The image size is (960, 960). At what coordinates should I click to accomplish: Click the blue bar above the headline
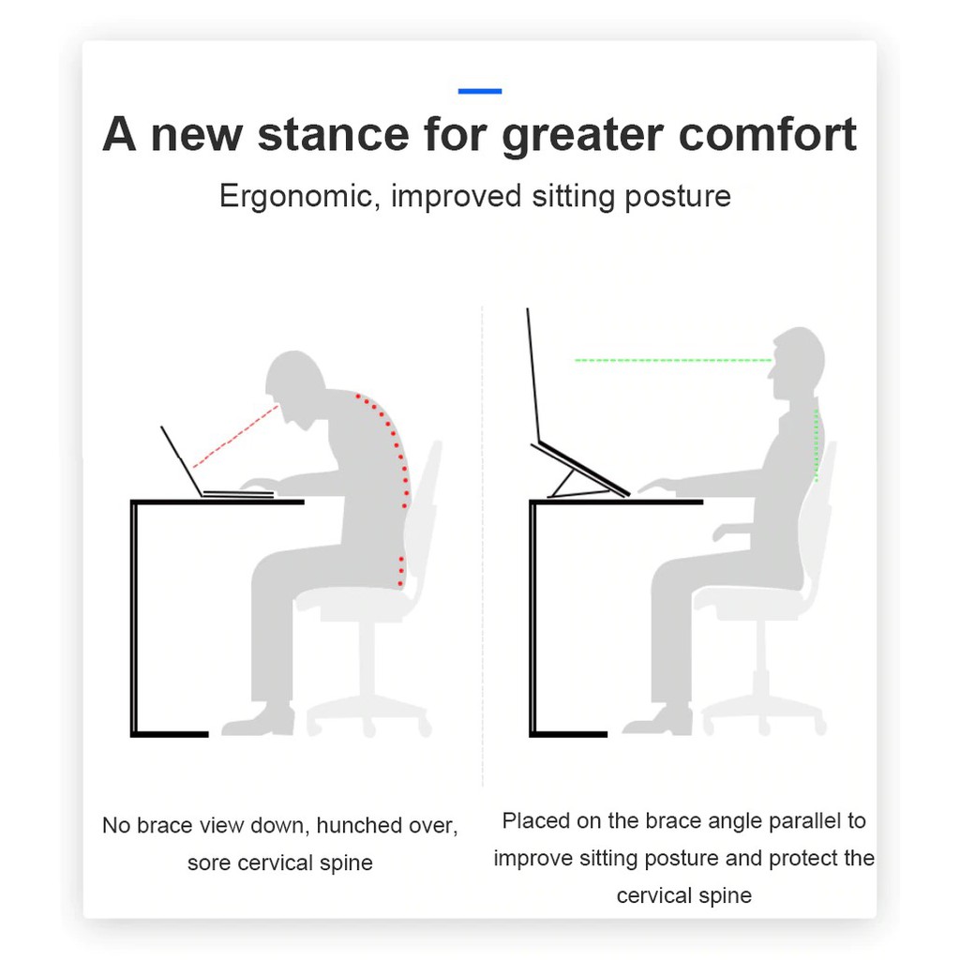(x=479, y=91)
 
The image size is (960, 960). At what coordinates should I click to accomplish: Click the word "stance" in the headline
(x=333, y=135)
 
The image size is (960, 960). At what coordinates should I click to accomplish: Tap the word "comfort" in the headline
(x=767, y=135)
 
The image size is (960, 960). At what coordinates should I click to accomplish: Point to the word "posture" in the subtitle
(x=678, y=198)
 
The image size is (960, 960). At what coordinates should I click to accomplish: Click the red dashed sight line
(x=235, y=436)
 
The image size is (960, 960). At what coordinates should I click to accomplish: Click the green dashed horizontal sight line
(x=673, y=361)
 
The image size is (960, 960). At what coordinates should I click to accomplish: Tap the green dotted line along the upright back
(x=817, y=445)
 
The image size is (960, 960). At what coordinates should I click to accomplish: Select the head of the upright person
(x=798, y=361)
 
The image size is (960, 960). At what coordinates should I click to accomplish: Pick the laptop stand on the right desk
(x=579, y=472)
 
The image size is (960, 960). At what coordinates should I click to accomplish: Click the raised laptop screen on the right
(x=533, y=375)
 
